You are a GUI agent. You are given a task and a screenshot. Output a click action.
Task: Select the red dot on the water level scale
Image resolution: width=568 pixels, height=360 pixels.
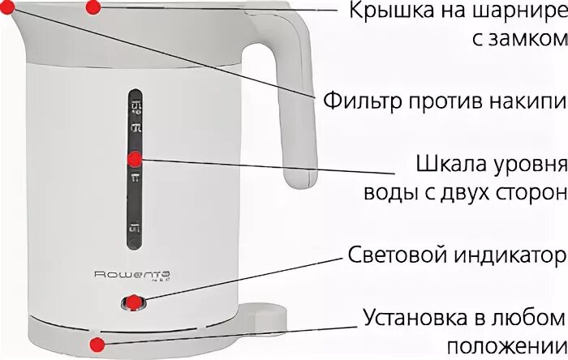(136, 161)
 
